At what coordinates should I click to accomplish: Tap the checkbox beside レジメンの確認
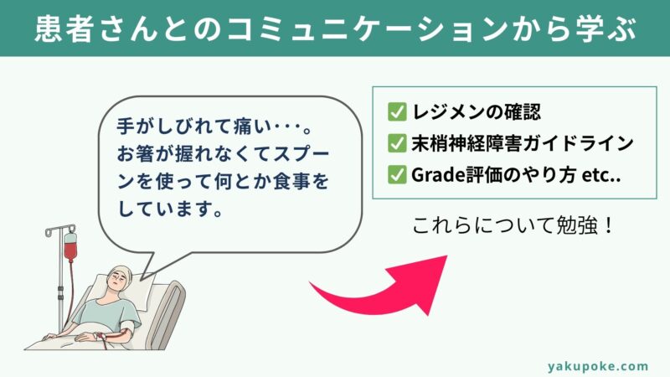click(x=397, y=112)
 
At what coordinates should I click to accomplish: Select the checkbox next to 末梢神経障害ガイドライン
click(x=397, y=143)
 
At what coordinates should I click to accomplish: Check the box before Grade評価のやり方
click(x=397, y=174)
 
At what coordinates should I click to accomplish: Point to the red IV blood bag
click(x=70, y=246)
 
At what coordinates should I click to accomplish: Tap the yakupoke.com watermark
click(x=598, y=366)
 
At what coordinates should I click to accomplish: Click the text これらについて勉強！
click(x=513, y=225)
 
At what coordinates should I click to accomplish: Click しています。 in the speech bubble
click(x=170, y=209)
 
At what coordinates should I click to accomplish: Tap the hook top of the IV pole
click(x=59, y=230)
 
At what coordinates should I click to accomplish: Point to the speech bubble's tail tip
click(x=141, y=280)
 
